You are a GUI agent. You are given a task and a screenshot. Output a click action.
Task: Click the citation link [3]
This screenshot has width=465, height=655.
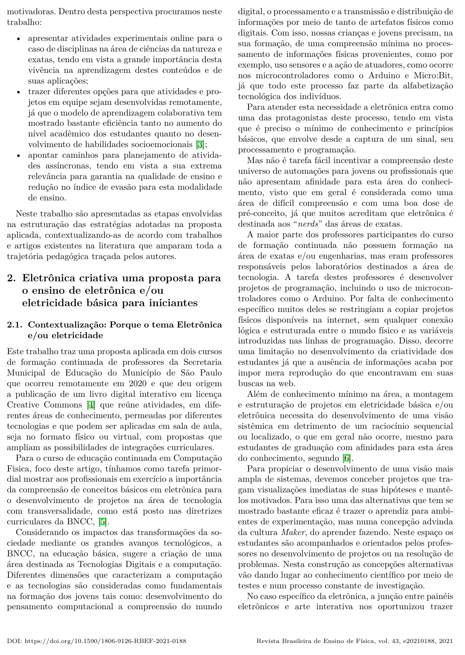pos(200,144)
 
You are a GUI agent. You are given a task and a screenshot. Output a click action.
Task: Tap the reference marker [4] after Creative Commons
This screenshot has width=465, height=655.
pos(91,405)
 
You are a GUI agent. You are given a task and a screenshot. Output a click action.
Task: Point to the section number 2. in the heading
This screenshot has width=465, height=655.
pos(12,278)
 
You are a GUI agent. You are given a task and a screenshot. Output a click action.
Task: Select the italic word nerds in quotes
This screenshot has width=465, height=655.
pos(309,224)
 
